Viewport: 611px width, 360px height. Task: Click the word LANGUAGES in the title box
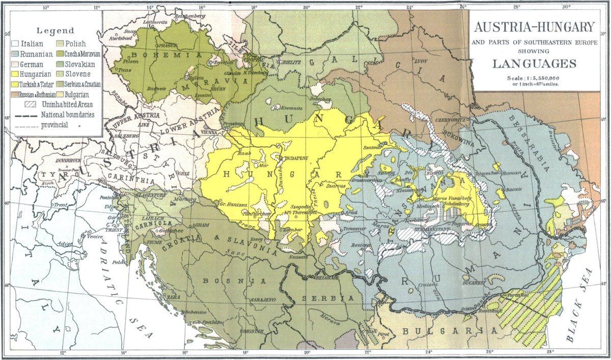tap(534, 64)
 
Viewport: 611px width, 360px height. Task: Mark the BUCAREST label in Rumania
tap(473, 282)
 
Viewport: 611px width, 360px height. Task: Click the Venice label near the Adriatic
tap(95, 236)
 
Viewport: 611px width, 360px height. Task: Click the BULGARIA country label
tap(448, 331)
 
